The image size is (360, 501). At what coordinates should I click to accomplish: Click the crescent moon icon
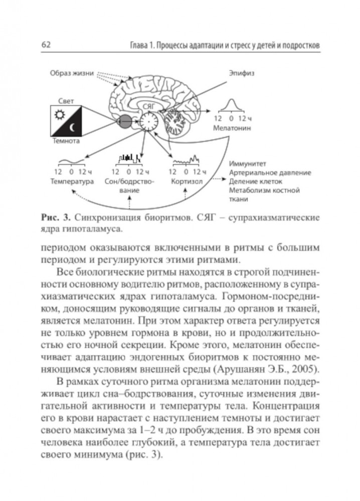(x=74, y=128)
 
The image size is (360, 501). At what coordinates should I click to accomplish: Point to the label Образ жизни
(x=72, y=74)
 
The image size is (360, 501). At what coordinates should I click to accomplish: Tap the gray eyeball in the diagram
(x=125, y=121)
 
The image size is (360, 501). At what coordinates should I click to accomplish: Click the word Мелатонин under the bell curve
(x=231, y=128)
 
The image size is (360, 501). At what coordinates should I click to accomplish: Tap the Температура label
(x=73, y=181)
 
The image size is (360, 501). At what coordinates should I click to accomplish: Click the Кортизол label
(x=187, y=181)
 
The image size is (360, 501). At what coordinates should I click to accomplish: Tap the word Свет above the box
(x=66, y=101)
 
